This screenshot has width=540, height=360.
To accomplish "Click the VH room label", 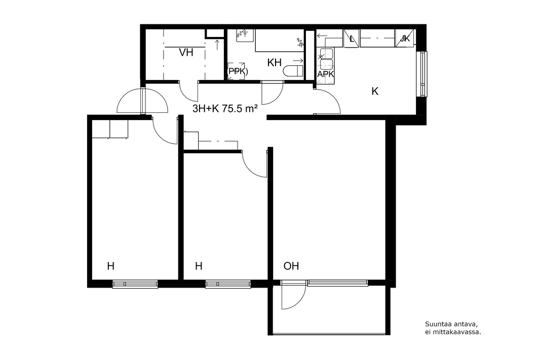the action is tap(186, 53).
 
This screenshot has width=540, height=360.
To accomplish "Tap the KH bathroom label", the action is tap(275, 63).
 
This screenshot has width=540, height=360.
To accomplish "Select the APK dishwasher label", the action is tap(325, 74).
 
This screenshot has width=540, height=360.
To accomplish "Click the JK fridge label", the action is tap(405, 38).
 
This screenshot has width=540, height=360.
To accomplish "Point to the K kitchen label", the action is tap(375, 91).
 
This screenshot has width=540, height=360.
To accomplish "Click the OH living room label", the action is tap(291, 266).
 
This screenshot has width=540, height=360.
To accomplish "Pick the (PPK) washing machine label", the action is tap(237, 71).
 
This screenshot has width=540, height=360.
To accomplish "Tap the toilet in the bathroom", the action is tap(293, 71).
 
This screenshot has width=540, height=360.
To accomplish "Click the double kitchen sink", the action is tap(326, 59).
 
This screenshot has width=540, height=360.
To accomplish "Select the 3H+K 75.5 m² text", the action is tap(225, 109).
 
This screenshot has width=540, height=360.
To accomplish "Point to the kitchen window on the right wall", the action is tap(422, 73).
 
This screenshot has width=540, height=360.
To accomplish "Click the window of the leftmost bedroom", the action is tap(135, 284).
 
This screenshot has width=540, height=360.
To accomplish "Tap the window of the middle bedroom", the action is tap(228, 284).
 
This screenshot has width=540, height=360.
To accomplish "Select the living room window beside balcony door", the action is tap(337, 283).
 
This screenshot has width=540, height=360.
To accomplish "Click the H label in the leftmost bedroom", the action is tap(110, 266).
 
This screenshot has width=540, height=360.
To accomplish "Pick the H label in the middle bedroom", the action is tap(199, 266).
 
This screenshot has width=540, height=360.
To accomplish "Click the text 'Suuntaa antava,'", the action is tap(451, 324).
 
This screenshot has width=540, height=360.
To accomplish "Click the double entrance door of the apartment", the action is tap(142, 100).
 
